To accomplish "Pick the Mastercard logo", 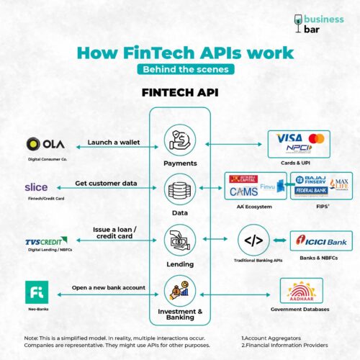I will tap(316, 138).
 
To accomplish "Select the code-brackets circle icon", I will tap(253, 240).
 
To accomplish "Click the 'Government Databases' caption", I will tap(301, 310).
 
